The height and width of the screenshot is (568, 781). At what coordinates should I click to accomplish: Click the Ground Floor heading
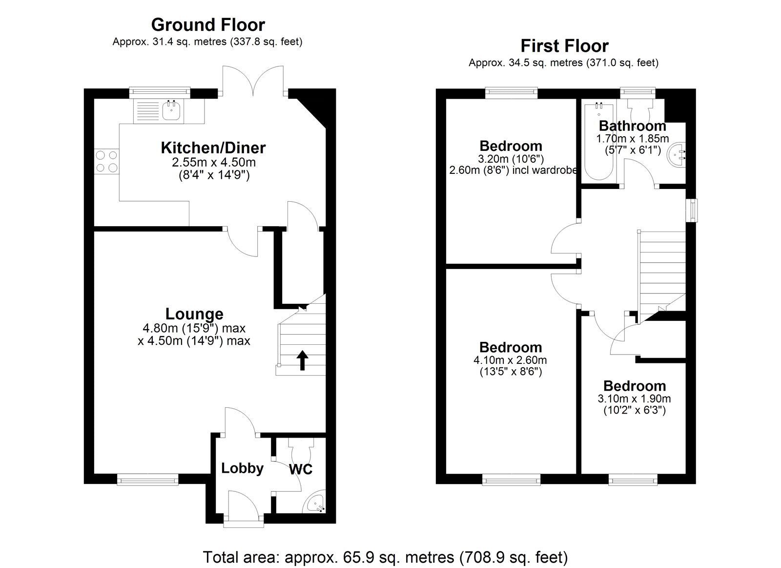tap(208, 24)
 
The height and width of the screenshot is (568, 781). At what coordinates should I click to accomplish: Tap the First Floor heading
tap(564, 46)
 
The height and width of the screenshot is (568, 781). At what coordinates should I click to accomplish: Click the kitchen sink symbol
tap(170, 111)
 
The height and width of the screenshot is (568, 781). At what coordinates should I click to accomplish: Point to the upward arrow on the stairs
tap(303, 360)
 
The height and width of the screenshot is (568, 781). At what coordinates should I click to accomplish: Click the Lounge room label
tap(194, 314)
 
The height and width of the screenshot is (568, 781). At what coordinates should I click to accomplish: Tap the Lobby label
tap(242, 468)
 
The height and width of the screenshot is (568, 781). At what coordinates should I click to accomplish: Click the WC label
tap(301, 469)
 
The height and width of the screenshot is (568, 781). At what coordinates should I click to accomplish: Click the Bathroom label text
tap(632, 126)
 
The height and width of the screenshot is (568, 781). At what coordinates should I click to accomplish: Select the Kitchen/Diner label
tap(213, 147)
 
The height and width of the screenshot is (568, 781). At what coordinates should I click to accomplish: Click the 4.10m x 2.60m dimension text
tap(510, 360)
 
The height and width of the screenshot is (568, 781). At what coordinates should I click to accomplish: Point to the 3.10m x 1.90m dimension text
tap(634, 399)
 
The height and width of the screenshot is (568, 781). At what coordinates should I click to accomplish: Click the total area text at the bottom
tap(385, 557)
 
